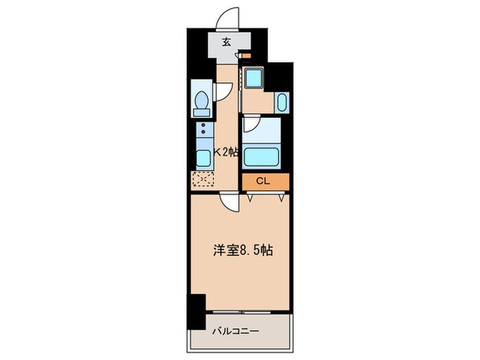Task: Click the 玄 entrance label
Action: point(227,40)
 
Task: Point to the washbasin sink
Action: point(283,104)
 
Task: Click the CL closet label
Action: point(263,182)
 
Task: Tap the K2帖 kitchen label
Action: point(227,152)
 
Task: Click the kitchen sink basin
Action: point(203,157)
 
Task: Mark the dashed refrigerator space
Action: point(204,180)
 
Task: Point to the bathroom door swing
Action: point(250,124)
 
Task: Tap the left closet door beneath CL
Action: point(252,197)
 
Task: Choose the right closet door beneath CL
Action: point(281,197)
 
